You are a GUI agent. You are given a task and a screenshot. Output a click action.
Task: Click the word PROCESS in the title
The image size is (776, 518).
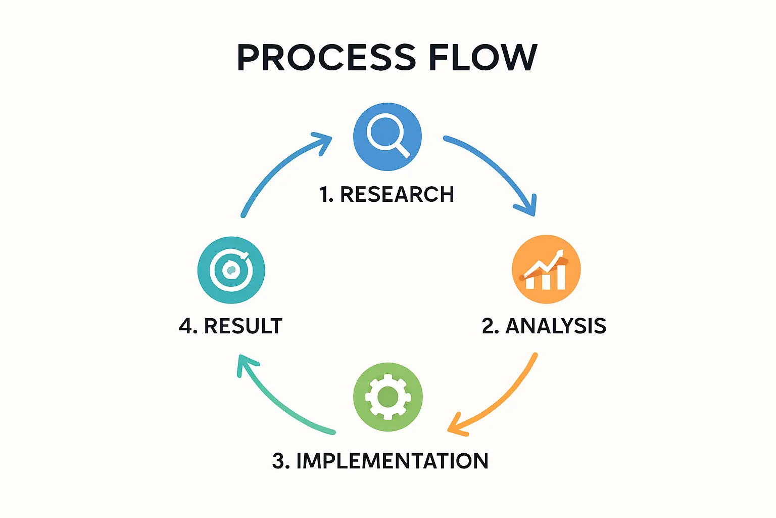pyautogui.click(x=326, y=57)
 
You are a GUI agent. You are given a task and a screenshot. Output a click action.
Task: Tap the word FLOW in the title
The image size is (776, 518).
pyautogui.click(x=483, y=57)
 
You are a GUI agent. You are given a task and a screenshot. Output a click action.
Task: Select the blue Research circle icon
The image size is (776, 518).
pyautogui.click(x=387, y=137)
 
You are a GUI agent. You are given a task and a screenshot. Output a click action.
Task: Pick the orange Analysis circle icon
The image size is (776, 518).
pyautogui.click(x=546, y=269)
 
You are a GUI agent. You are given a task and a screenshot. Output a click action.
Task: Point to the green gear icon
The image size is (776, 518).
pyautogui.click(x=387, y=397)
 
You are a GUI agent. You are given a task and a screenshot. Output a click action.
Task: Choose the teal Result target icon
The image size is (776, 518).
pyautogui.click(x=231, y=270)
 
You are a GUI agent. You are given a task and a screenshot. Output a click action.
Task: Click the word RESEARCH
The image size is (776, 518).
pyautogui.click(x=397, y=195)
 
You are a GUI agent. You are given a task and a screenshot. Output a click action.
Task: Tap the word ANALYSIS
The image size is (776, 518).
pyautogui.click(x=556, y=326)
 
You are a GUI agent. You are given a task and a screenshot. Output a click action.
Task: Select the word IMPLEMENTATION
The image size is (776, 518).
pyautogui.click(x=392, y=461)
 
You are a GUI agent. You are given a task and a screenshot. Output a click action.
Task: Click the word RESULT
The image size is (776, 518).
pyautogui.click(x=243, y=326)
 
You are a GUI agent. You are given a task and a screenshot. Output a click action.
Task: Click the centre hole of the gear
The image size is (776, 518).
pyautogui.click(x=387, y=397)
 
